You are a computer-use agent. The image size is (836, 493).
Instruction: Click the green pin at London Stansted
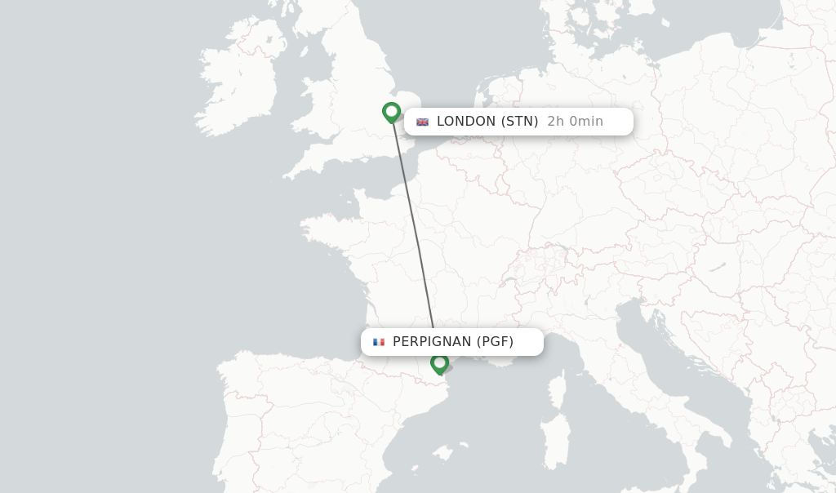coord(391,112)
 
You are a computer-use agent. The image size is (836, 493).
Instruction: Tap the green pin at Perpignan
coord(439,363)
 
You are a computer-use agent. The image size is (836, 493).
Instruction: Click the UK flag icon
coord(422,122)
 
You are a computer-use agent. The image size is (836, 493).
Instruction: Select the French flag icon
coord(379,342)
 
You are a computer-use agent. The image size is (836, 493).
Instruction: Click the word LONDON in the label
coord(466,122)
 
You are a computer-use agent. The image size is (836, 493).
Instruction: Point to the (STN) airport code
coord(519,122)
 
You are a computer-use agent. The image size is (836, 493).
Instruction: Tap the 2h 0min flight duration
coord(575,122)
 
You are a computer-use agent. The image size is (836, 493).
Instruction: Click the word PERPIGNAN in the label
coord(432,342)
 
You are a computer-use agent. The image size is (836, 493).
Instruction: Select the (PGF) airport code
coord(496,342)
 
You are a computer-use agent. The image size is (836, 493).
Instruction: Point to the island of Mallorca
coord(444,451)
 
